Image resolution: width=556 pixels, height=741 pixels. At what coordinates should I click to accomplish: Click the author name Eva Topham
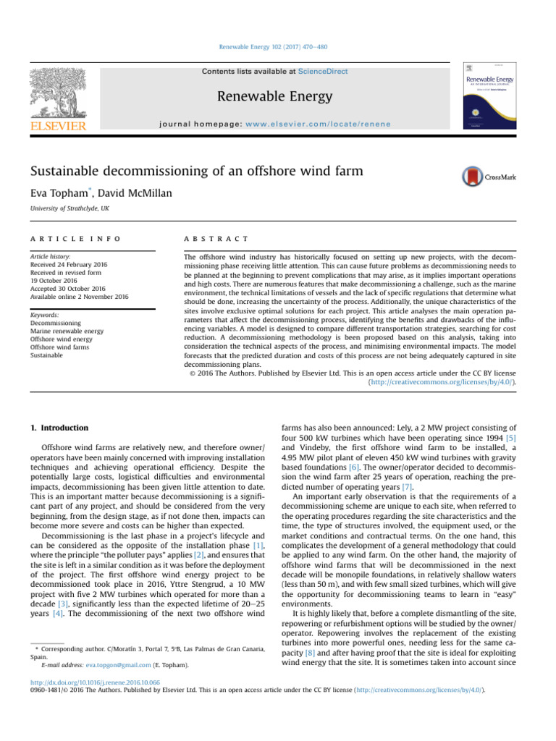pos(61,194)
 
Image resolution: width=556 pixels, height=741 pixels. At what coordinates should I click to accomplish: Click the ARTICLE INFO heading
pos(75,238)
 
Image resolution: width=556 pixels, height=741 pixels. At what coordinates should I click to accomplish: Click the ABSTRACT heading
pos(217,238)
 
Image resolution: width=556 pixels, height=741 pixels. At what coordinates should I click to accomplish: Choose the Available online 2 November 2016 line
pos(79,297)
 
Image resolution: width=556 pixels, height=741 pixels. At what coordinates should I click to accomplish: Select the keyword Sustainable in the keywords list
pos(49,355)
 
